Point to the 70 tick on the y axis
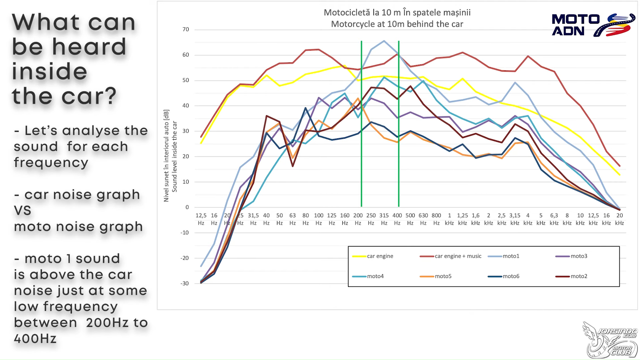tap(186, 29)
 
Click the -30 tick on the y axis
tap(185, 283)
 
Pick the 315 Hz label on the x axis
tap(384, 219)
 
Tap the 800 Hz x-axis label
tap(436, 219)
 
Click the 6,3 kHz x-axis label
tap(554, 219)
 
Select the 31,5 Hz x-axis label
tap(253, 219)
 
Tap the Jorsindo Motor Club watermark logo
tap(610, 339)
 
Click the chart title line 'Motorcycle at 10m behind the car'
tap(397, 24)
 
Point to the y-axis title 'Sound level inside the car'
tap(174, 156)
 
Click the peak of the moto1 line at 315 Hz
tap(384, 41)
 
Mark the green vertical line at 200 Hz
tap(361, 133)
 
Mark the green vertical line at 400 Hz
tap(399, 133)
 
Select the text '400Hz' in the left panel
tap(35, 339)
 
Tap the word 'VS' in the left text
tap(23, 211)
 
